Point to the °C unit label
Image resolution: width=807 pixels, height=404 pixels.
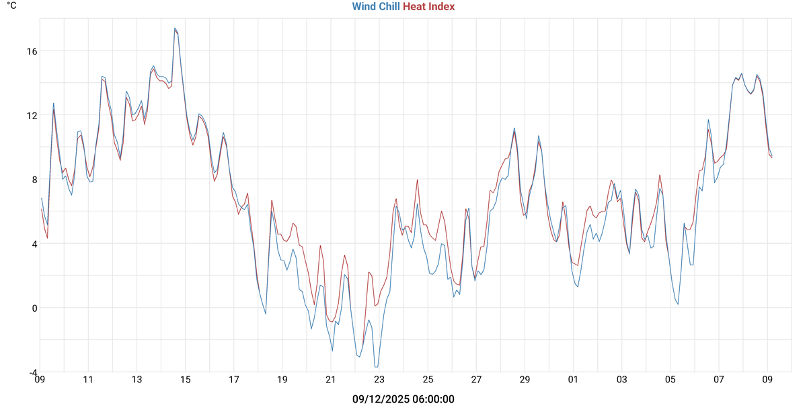[x=12, y=6]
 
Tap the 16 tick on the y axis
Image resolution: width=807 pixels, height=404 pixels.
[x=32, y=50]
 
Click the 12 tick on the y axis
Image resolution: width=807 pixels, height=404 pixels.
[x=32, y=115]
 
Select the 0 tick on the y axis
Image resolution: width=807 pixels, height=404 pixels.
[x=34, y=308]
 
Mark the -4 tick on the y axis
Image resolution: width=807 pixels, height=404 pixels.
[x=32, y=372]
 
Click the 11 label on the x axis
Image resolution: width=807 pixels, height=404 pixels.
[x=88, y=380]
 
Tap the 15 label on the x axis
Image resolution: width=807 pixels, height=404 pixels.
[x=185, y=380]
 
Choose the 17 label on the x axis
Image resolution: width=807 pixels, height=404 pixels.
[x=233, y=380]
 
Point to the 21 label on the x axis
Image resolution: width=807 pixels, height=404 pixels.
[x=331, y=380]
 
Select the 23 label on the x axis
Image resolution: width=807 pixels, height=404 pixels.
[x=379, y=380]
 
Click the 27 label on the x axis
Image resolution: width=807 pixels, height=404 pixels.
[x=476, y=380]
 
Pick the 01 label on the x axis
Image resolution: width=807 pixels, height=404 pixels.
[x=574, y=380]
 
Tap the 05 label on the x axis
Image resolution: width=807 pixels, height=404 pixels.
[x=670, y=380]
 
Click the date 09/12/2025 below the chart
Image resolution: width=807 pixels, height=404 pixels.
[x=376, y=399]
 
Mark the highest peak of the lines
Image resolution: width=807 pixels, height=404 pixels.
[x=175, y=28]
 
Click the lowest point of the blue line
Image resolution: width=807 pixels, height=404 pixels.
[x=376, y=367]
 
